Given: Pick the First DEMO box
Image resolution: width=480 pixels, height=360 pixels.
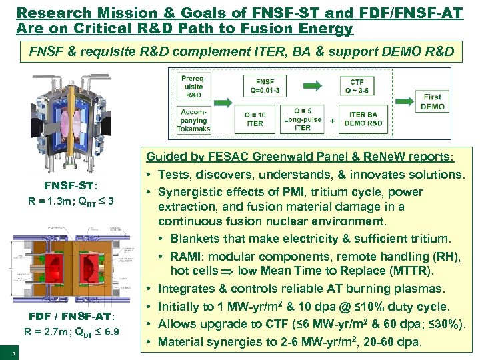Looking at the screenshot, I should point(432,102).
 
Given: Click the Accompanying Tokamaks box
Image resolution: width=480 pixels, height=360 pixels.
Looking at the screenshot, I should point(194,121).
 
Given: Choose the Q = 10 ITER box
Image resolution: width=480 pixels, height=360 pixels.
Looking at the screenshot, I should point(255,119).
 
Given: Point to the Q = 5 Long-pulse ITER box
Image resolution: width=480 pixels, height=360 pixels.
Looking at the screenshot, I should point(303,119).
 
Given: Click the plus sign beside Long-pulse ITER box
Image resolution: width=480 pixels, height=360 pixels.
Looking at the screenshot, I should point(333,121).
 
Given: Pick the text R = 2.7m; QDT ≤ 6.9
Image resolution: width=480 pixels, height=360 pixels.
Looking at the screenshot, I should point(71,331).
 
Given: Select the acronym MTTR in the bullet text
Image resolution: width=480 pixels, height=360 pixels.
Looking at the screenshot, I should point(407,271).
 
